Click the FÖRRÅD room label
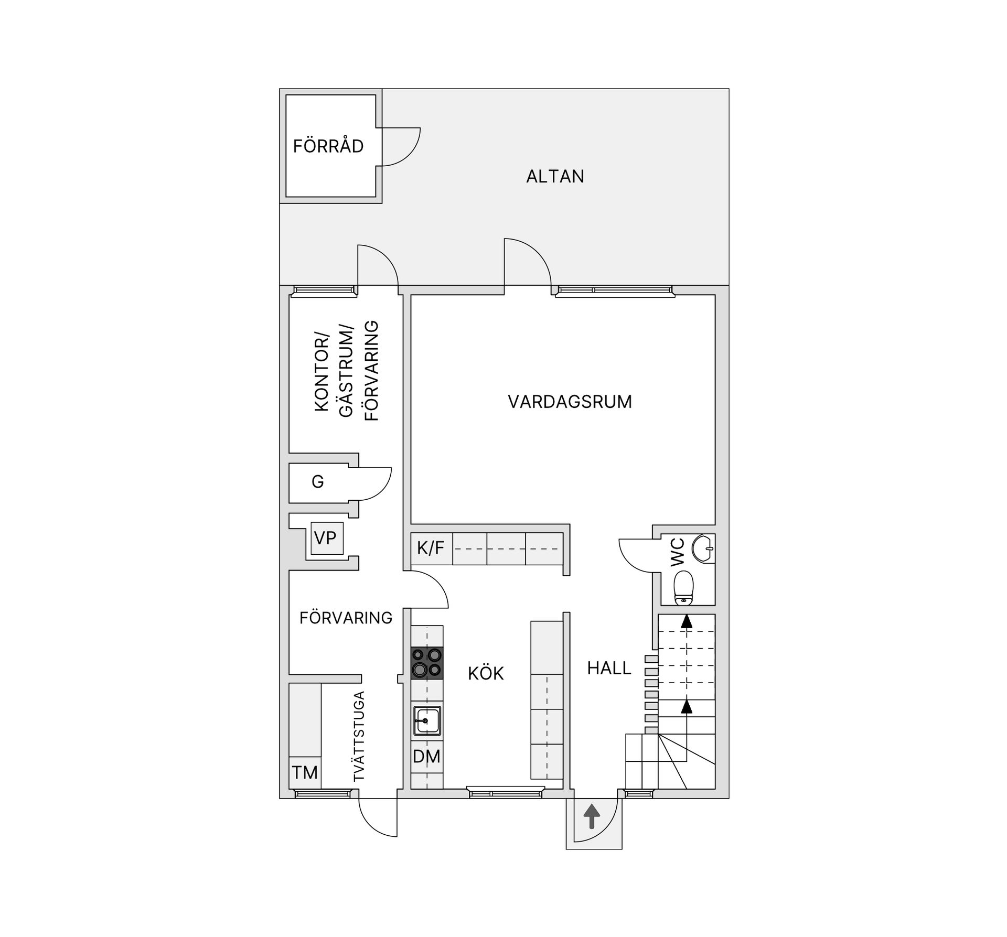(x=328, y=146)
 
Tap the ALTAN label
(x=555, y=177)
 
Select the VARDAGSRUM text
(x=570, y=402)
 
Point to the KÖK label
(x=486, y=674)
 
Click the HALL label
(x=609, y=669)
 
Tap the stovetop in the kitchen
(x=426, y=663)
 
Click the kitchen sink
(x=426, y=720)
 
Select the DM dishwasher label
(x=426, y=757)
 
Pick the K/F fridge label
(x=431, y=548)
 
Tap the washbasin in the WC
(x=703, y=548)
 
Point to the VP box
(x=326, y=538)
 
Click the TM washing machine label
(x=305, y=772)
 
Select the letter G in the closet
(x=317, y=482)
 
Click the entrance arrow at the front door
(x=592, y=817)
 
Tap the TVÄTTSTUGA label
(x=359, y=737)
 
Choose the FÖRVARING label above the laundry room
(x=346, y=618)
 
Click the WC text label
(x=678, y=551)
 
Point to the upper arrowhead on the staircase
(x=686, y=622)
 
